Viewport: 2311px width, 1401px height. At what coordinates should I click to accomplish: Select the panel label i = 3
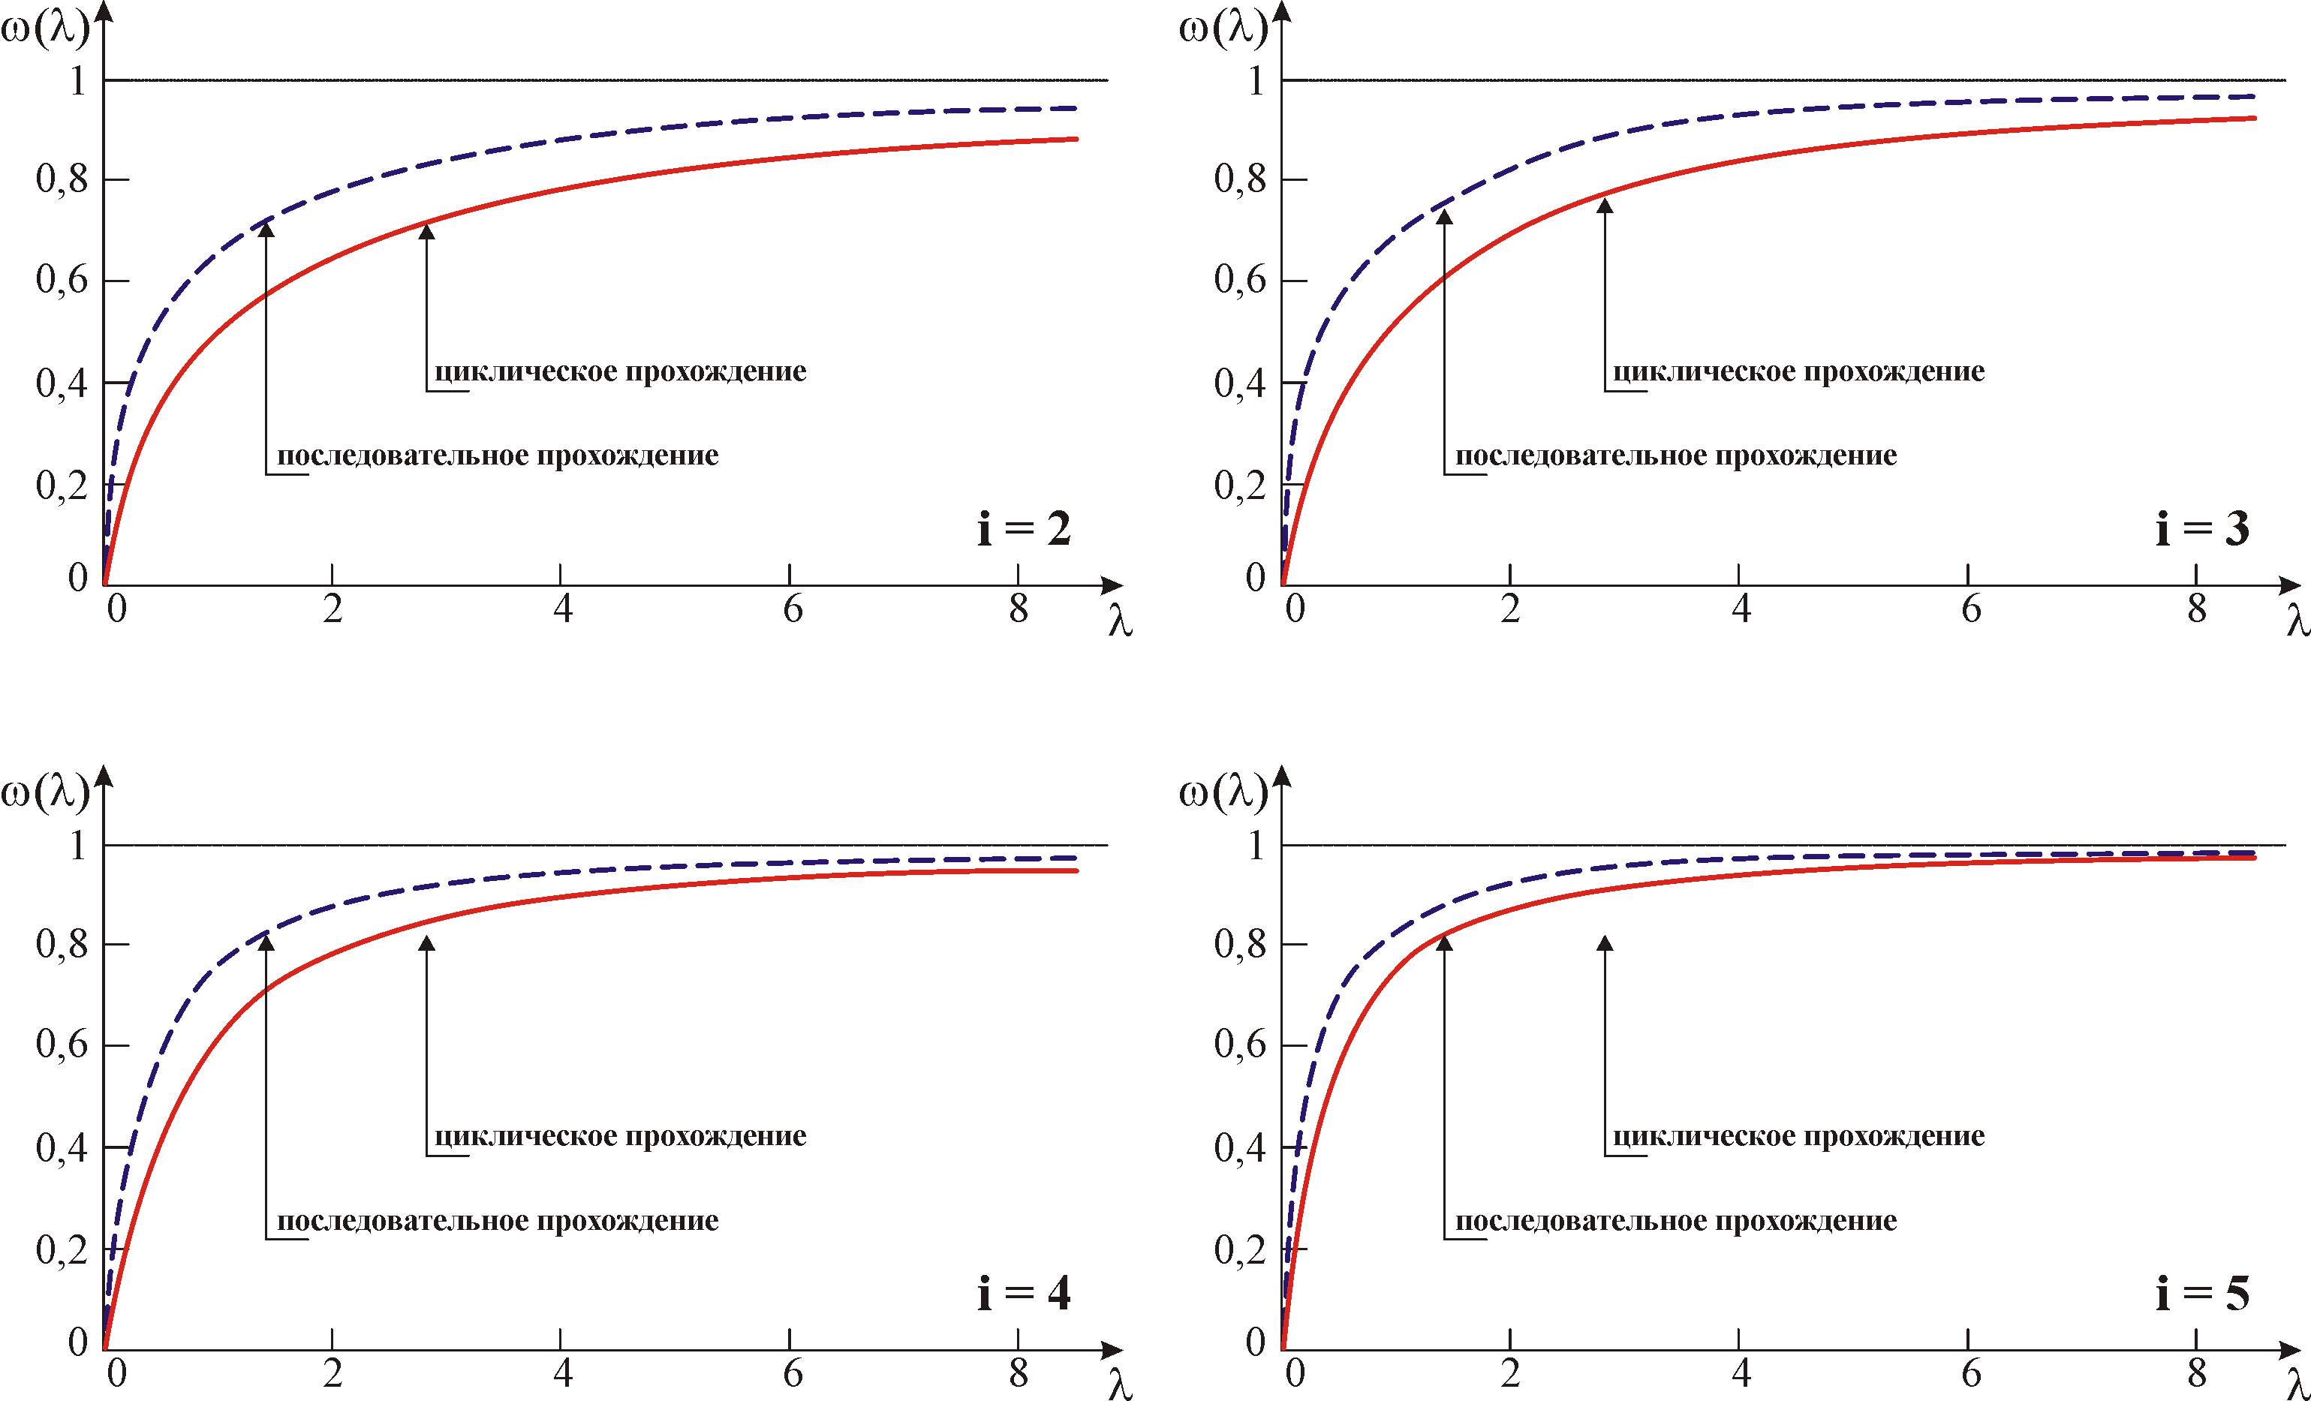pyautogui.click(x=2201, y=529)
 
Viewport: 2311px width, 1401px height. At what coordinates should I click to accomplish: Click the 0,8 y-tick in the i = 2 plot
pyautogui.click(x=62, y=177)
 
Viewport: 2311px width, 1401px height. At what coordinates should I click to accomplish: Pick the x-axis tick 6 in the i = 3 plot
pyautogui.click(x=1970, y=609)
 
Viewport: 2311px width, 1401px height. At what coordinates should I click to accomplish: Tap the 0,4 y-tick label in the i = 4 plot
pyautogui.click(x=62, y=1146)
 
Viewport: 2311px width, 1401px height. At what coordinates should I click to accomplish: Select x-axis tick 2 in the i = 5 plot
pyautogui.click(x=1510, y=1374)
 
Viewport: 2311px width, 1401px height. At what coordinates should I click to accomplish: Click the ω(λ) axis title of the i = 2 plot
pyautogui.click(x=44, y=28)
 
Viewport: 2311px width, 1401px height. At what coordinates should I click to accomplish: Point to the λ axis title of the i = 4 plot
pyautogui.click(x=1120, y=1384)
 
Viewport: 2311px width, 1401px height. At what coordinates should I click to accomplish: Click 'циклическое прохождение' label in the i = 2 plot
pyautogui.click(x=620, y=371)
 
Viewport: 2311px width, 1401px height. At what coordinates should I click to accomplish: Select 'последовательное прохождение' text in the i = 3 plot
pyautogui.click(x=1676, y=455)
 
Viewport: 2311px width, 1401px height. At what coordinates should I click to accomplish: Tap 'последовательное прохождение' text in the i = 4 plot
pyautogui.click(x=497, y=1220)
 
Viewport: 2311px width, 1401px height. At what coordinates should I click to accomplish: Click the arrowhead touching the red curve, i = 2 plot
pyautogui.click(x=427, y=230)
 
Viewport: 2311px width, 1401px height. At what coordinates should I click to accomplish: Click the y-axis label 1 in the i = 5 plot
pyautogui.click(x=1256, y=845)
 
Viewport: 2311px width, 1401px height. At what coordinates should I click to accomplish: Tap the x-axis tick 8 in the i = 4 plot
pyautogui.click(x=1019, y=1374)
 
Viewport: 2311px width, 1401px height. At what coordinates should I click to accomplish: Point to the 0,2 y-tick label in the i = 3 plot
pyautogui.click(x=1240, y=485)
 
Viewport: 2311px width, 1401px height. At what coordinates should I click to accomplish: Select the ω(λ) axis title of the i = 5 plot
pyautogui.click(x=1222, y=792)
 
